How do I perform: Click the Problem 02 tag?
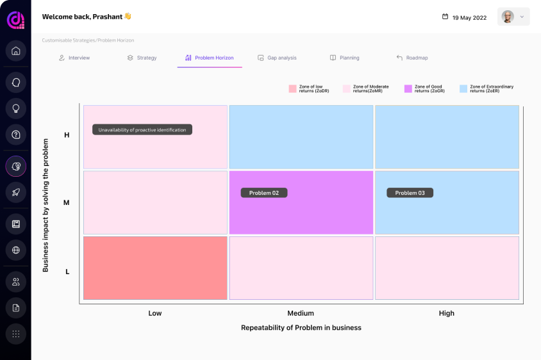pyautogui.click(x=264, y=193)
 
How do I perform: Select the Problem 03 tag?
pyautogui.click(x=410, y=193)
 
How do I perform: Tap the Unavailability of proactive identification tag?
pyautogui.click(x=142, y=129)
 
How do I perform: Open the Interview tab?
pyautogui.click(x=74, y=58)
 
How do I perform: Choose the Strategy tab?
pyautogui.click(x=142, y=58)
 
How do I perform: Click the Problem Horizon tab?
pyautogui.click(x=210, y=58)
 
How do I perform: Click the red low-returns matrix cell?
pyautogui.click(x=155, y=268)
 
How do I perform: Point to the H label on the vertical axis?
pyautogui.click(x=67, y=135)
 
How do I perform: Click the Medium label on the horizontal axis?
pyautogui.click(x=301, y=313)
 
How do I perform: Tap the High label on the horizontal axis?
pyautogui.click(x=447, y=313)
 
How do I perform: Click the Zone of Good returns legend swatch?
pyautogui.click(x=408, y=89)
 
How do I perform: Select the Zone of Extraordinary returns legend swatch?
pyautogui.click(x=463, y=89)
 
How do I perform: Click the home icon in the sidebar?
pyautogui.click(x=16, y=51)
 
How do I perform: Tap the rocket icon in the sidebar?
pyautogui.click(x=16, y=192)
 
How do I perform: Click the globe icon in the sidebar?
pyautogui.click(x=16, y=250)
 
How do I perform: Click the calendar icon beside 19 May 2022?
pyautogui.click(x=445, y=17)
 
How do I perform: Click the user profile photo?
pyautogui.click(x=508, y=17)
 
